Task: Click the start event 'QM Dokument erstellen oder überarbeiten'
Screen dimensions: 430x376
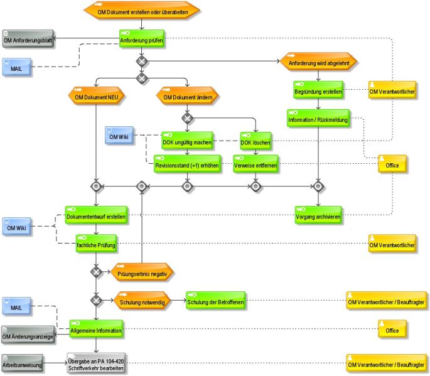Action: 141,10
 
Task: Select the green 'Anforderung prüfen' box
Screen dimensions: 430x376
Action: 141,38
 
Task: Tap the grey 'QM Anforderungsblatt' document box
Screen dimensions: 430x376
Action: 28,39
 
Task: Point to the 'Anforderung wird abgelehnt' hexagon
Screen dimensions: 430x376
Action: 318,61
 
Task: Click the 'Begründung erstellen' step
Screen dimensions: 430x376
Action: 318,90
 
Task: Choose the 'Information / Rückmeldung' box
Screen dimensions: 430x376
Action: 318,118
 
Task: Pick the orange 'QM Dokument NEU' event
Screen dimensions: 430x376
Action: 96,95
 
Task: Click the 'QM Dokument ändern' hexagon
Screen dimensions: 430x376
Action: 187,95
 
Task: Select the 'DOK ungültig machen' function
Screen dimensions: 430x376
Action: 187,141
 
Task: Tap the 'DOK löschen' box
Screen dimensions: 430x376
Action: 255,141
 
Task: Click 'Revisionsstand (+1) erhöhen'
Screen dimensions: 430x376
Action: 187,164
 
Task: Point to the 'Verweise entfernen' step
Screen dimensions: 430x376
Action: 255,164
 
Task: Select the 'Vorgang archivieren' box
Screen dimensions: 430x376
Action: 318,215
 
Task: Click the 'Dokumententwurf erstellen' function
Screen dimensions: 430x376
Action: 96,215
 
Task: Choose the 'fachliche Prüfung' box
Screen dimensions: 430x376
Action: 96,244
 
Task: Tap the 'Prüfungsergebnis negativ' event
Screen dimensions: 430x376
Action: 142,272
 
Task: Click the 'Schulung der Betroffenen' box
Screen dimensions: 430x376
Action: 215,300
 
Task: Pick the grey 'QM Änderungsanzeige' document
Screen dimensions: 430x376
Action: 28,335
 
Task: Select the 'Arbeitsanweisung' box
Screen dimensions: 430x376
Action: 22,363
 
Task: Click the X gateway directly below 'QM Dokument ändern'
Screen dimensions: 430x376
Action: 187,118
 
